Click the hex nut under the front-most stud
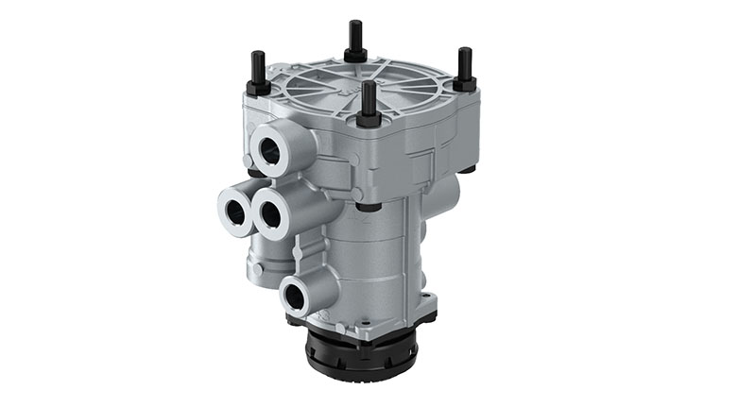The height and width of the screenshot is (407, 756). tap(369, 120)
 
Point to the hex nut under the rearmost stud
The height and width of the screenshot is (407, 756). tap(355, 55)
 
